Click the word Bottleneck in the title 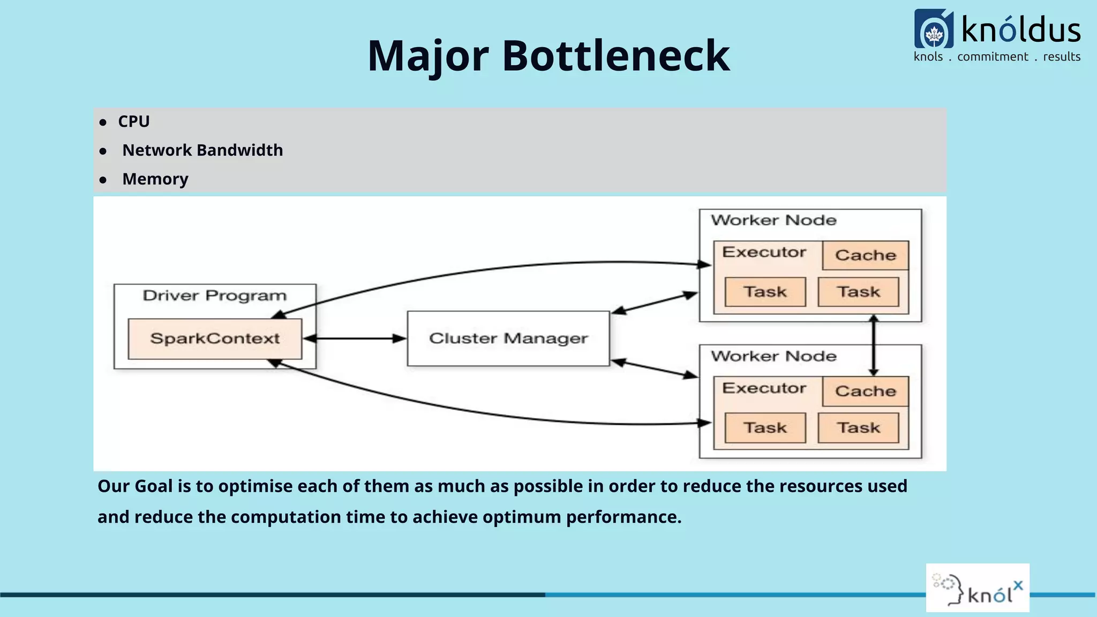pos(616,56)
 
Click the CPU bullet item pos(133,122)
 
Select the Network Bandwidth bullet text pos(202,151)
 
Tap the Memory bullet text pos(155,179)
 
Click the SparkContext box pos(215,338)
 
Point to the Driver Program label pos(215,296)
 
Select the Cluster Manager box pos(508,338)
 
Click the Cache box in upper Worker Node pos(866,255)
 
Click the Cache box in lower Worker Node pos(866,392)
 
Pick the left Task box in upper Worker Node pos(765,292)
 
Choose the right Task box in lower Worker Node pos(859,428)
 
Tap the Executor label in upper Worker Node pos(764,252)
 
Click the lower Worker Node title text pos(773,356)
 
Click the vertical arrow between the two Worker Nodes pos(874,345)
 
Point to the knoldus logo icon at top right pos(934,29)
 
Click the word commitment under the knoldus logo pos(993,57)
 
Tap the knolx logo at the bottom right pos(978,588)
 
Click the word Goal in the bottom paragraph pos(153,486)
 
